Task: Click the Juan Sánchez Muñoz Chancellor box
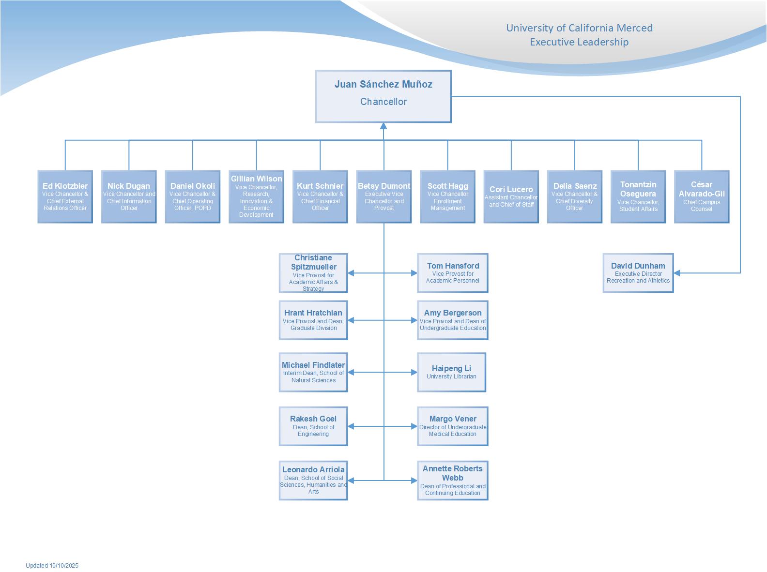click(x=383, y=96)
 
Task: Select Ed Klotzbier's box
click(x=65, y=196)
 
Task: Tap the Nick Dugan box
click(x=129, y=196)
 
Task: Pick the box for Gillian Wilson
click(x=256, y=196)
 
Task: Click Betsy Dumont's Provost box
click(x=383, y=196)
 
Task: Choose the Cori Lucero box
click(x=511, y=196)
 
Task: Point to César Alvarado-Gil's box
click(x=701, y=196)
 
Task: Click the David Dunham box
click(x=638, y=273)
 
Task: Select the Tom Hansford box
click(x=452, y=273)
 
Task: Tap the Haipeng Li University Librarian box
click(x=451, y=372)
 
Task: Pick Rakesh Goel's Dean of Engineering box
click(x=313, y=426)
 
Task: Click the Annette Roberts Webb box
click(x=452, y=480)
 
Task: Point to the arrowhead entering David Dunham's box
click(x=677, y=273)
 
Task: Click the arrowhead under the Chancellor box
click(x=383, y=126)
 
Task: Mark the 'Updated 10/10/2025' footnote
click(x=52, y=565)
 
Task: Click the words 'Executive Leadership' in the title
click(x=579, y=42)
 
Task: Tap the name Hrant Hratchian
click(x=313, y=313)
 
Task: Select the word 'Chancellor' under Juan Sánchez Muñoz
click(x=383, y=102)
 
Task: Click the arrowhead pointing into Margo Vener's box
click(x=414, y=426)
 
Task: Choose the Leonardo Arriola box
click(x=313, y=480)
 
